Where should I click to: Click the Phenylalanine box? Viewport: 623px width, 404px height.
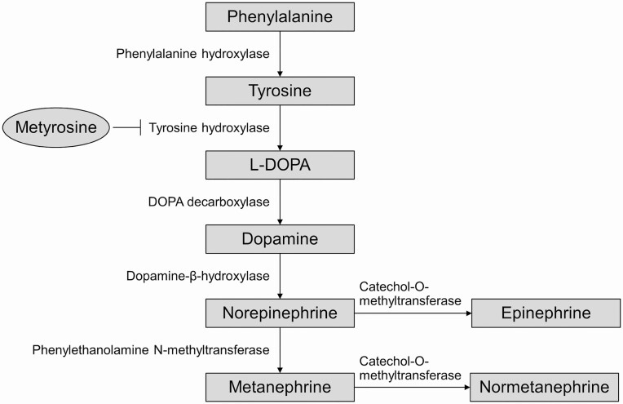pyautogui.click(x=280, y=16)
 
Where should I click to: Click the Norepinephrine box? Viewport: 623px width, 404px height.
pyautogui.click(x=280, y=313)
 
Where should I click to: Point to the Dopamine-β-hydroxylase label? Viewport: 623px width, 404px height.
pyautogui.click(x=197, y=276)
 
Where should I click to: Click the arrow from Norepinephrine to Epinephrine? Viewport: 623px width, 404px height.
pyautogui.click(x=413, y=313)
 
